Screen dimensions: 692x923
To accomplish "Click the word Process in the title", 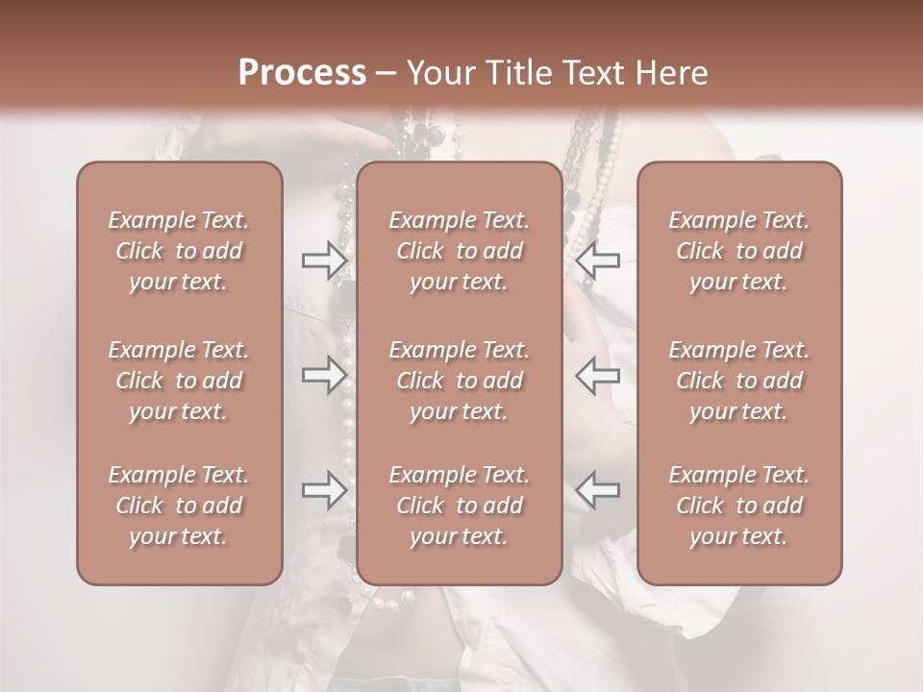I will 302,73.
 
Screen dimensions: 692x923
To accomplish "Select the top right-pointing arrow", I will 324,259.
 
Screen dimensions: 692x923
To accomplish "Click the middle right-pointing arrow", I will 324,375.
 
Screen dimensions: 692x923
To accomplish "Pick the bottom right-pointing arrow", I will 324,490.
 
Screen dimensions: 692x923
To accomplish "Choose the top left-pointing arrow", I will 597,259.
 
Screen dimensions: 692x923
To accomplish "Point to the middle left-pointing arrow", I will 597,375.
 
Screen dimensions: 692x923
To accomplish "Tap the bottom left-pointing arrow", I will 597,490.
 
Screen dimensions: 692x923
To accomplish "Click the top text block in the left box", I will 179,251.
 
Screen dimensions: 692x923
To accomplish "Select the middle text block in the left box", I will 179,381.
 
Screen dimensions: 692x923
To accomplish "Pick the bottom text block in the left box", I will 179,506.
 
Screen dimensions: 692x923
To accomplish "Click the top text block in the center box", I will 460,251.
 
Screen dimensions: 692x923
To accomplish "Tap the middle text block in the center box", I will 460,381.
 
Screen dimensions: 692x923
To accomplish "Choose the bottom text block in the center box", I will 460,506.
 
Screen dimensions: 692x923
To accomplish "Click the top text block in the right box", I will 739,251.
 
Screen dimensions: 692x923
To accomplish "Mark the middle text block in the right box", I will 739,381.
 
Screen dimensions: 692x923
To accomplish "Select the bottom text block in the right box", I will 739,506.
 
